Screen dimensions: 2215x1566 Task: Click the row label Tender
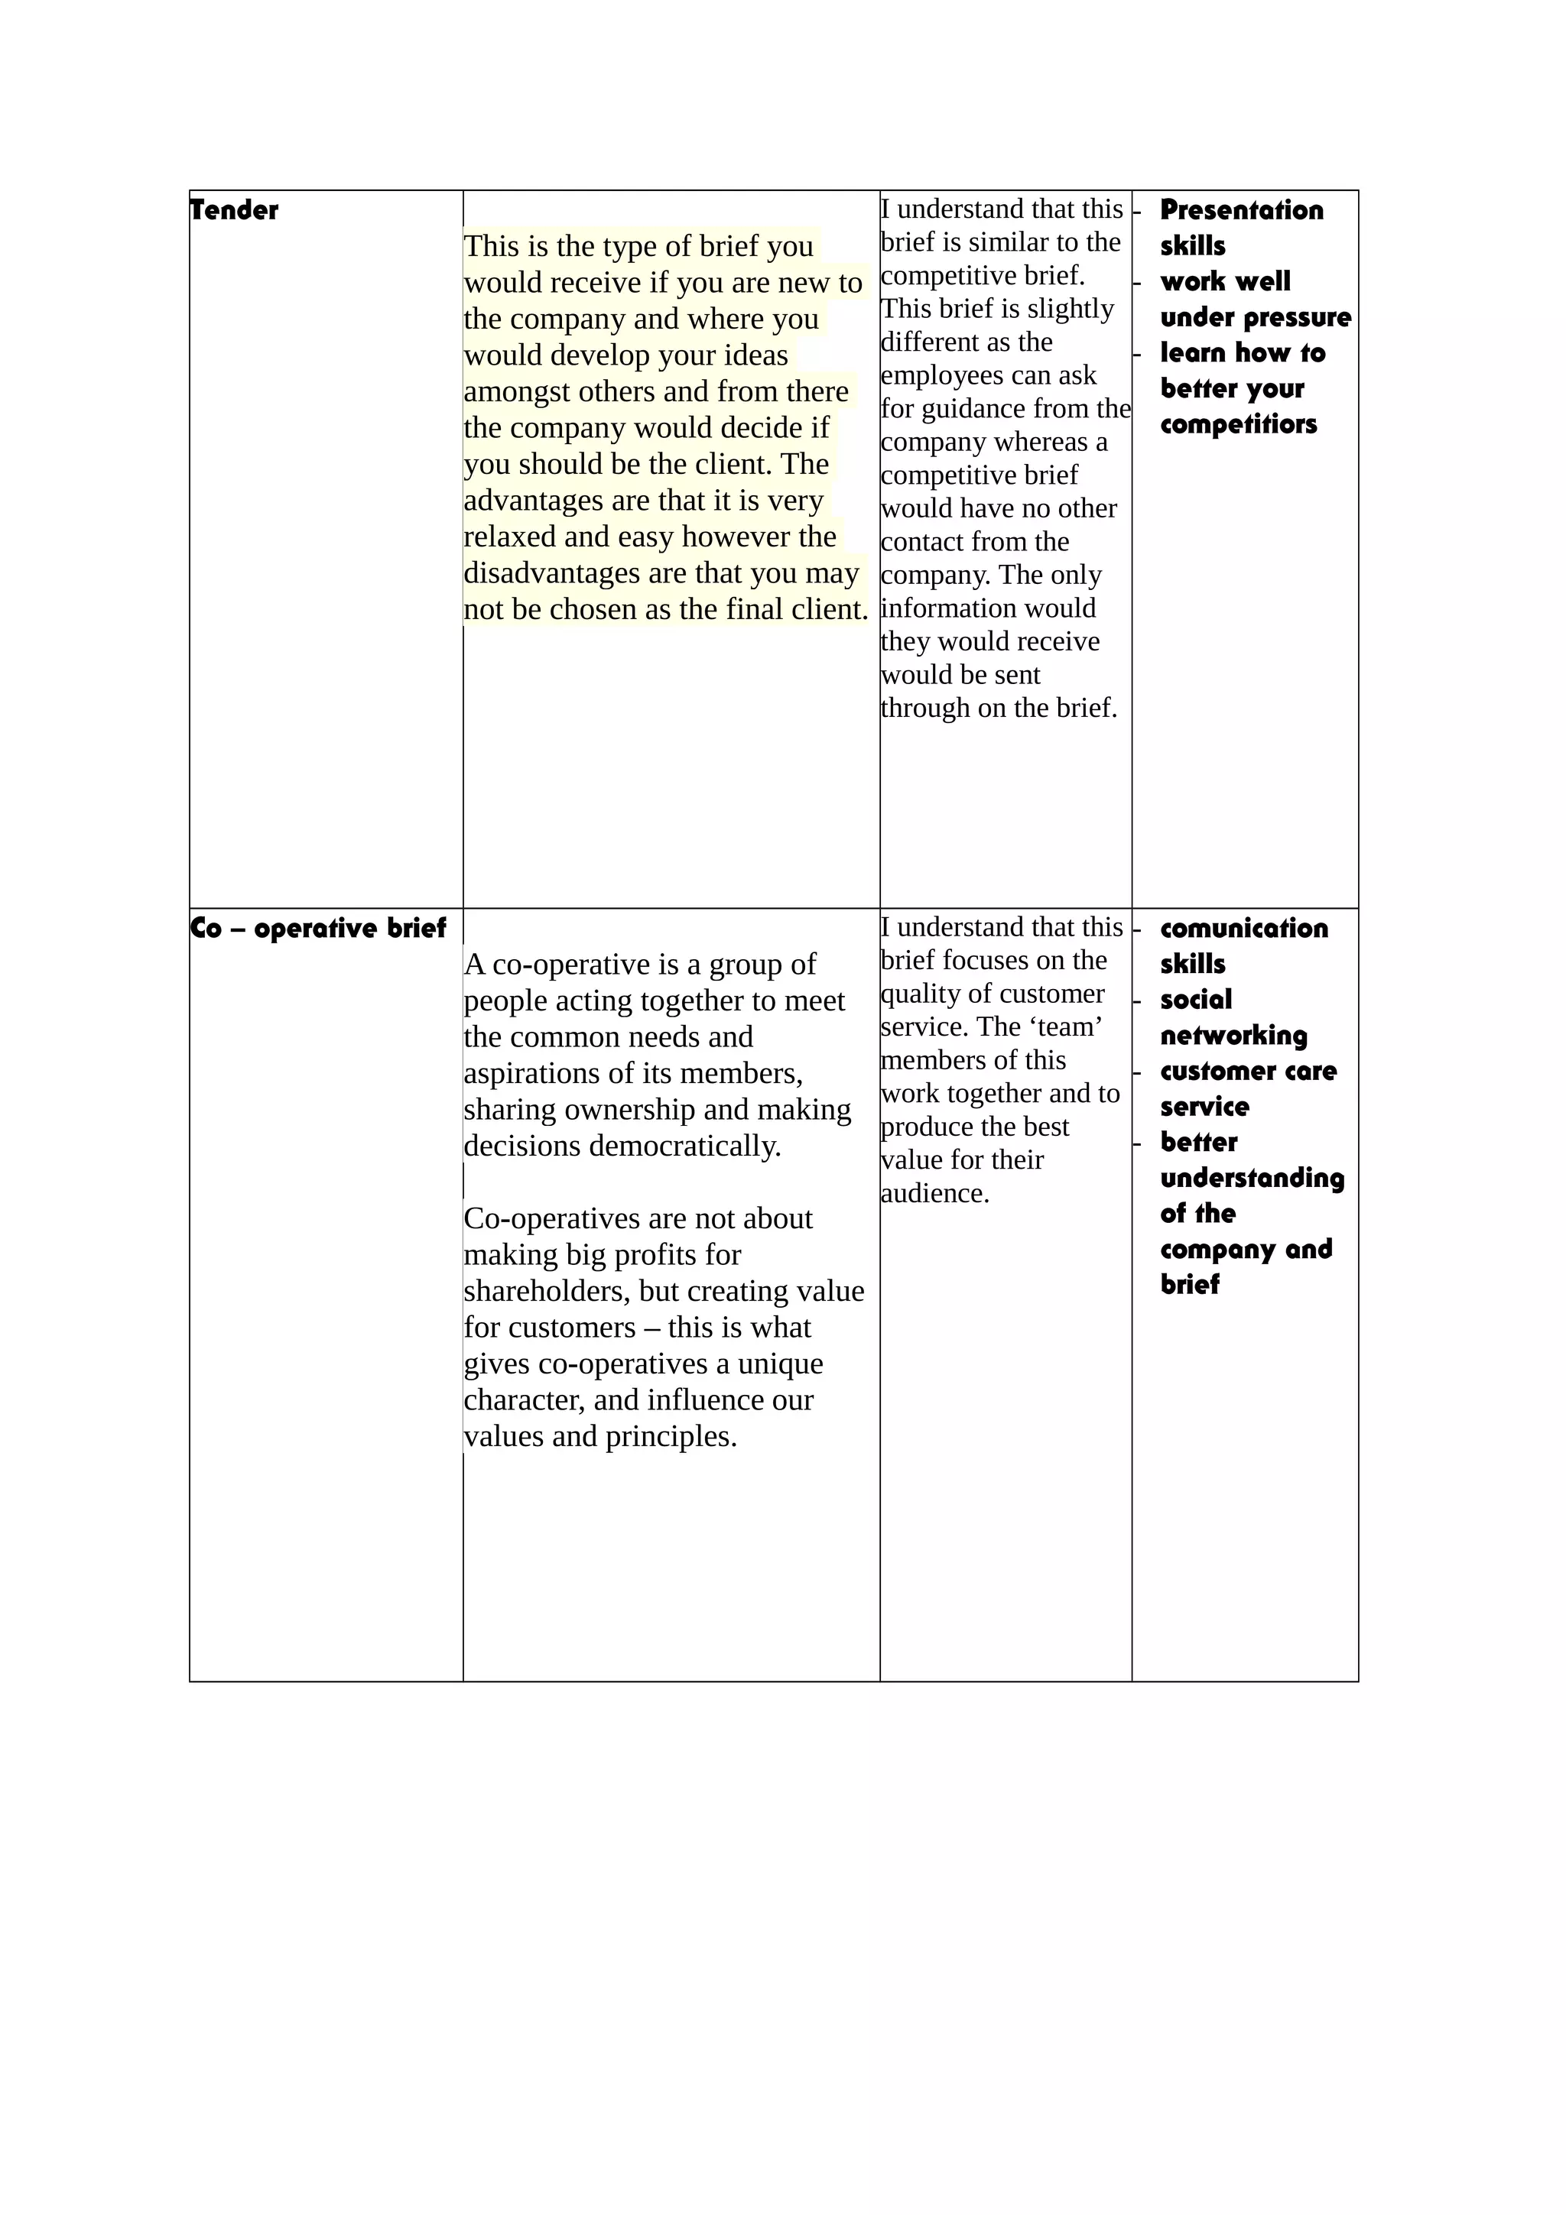pyautogui.click(x=235, y=210)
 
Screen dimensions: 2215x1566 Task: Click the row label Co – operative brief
pyautogui.click(x=318, y=928)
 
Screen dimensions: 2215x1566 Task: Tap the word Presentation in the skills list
pyautogui.click(x=1241, y=210)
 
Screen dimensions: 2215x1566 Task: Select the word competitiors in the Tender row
pyautogui.click(x=1238, y=424)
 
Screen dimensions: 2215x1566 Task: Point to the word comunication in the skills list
pyautogui.click(x=1244, y=928)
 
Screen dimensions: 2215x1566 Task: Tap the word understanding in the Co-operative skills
pyautogui.click(x=1252, y=1178)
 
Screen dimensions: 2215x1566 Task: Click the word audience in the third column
pyautogui.click(x=934, y=1193)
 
